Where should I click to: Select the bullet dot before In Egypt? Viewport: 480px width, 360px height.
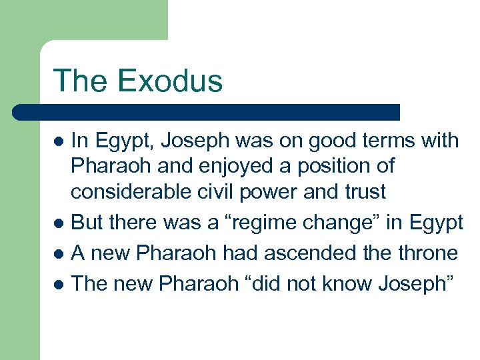(59, 141)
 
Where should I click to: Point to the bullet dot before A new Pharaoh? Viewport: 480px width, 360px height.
(59, 254)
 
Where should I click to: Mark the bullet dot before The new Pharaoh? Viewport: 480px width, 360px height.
(59, 284)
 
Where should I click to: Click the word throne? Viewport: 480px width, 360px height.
(427, 253)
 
